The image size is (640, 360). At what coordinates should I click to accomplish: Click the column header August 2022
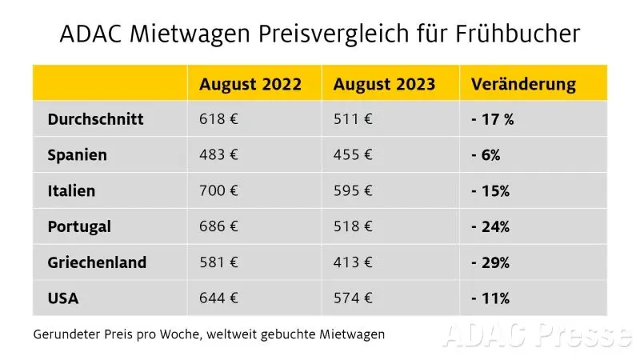pos(250,84)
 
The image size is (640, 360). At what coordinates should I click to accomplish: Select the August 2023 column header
pos(385,84)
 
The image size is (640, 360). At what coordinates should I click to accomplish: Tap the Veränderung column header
pos(524,84)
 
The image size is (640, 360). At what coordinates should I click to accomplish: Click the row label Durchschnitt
pos(95,119)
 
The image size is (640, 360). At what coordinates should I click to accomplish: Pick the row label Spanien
pos(77,155)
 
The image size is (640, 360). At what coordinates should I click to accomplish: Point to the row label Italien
pos(71,191)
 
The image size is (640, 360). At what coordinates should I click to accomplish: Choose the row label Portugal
pos(79,227)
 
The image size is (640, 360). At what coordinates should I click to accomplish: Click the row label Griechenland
pos(97,262)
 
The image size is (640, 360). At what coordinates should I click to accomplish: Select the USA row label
pos(64,298)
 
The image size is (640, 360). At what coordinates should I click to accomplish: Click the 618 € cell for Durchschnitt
pos(218,119)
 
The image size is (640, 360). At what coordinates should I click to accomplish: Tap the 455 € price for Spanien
pos(352,155)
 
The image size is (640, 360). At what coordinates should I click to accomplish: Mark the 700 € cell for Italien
pos(219,191)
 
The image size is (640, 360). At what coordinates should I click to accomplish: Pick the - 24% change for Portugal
pos(490,227)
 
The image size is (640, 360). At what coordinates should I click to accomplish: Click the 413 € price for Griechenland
pos(352,262)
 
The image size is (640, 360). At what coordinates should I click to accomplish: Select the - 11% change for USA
pos(490,298)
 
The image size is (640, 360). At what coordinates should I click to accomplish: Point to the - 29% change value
pos(490,262)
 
